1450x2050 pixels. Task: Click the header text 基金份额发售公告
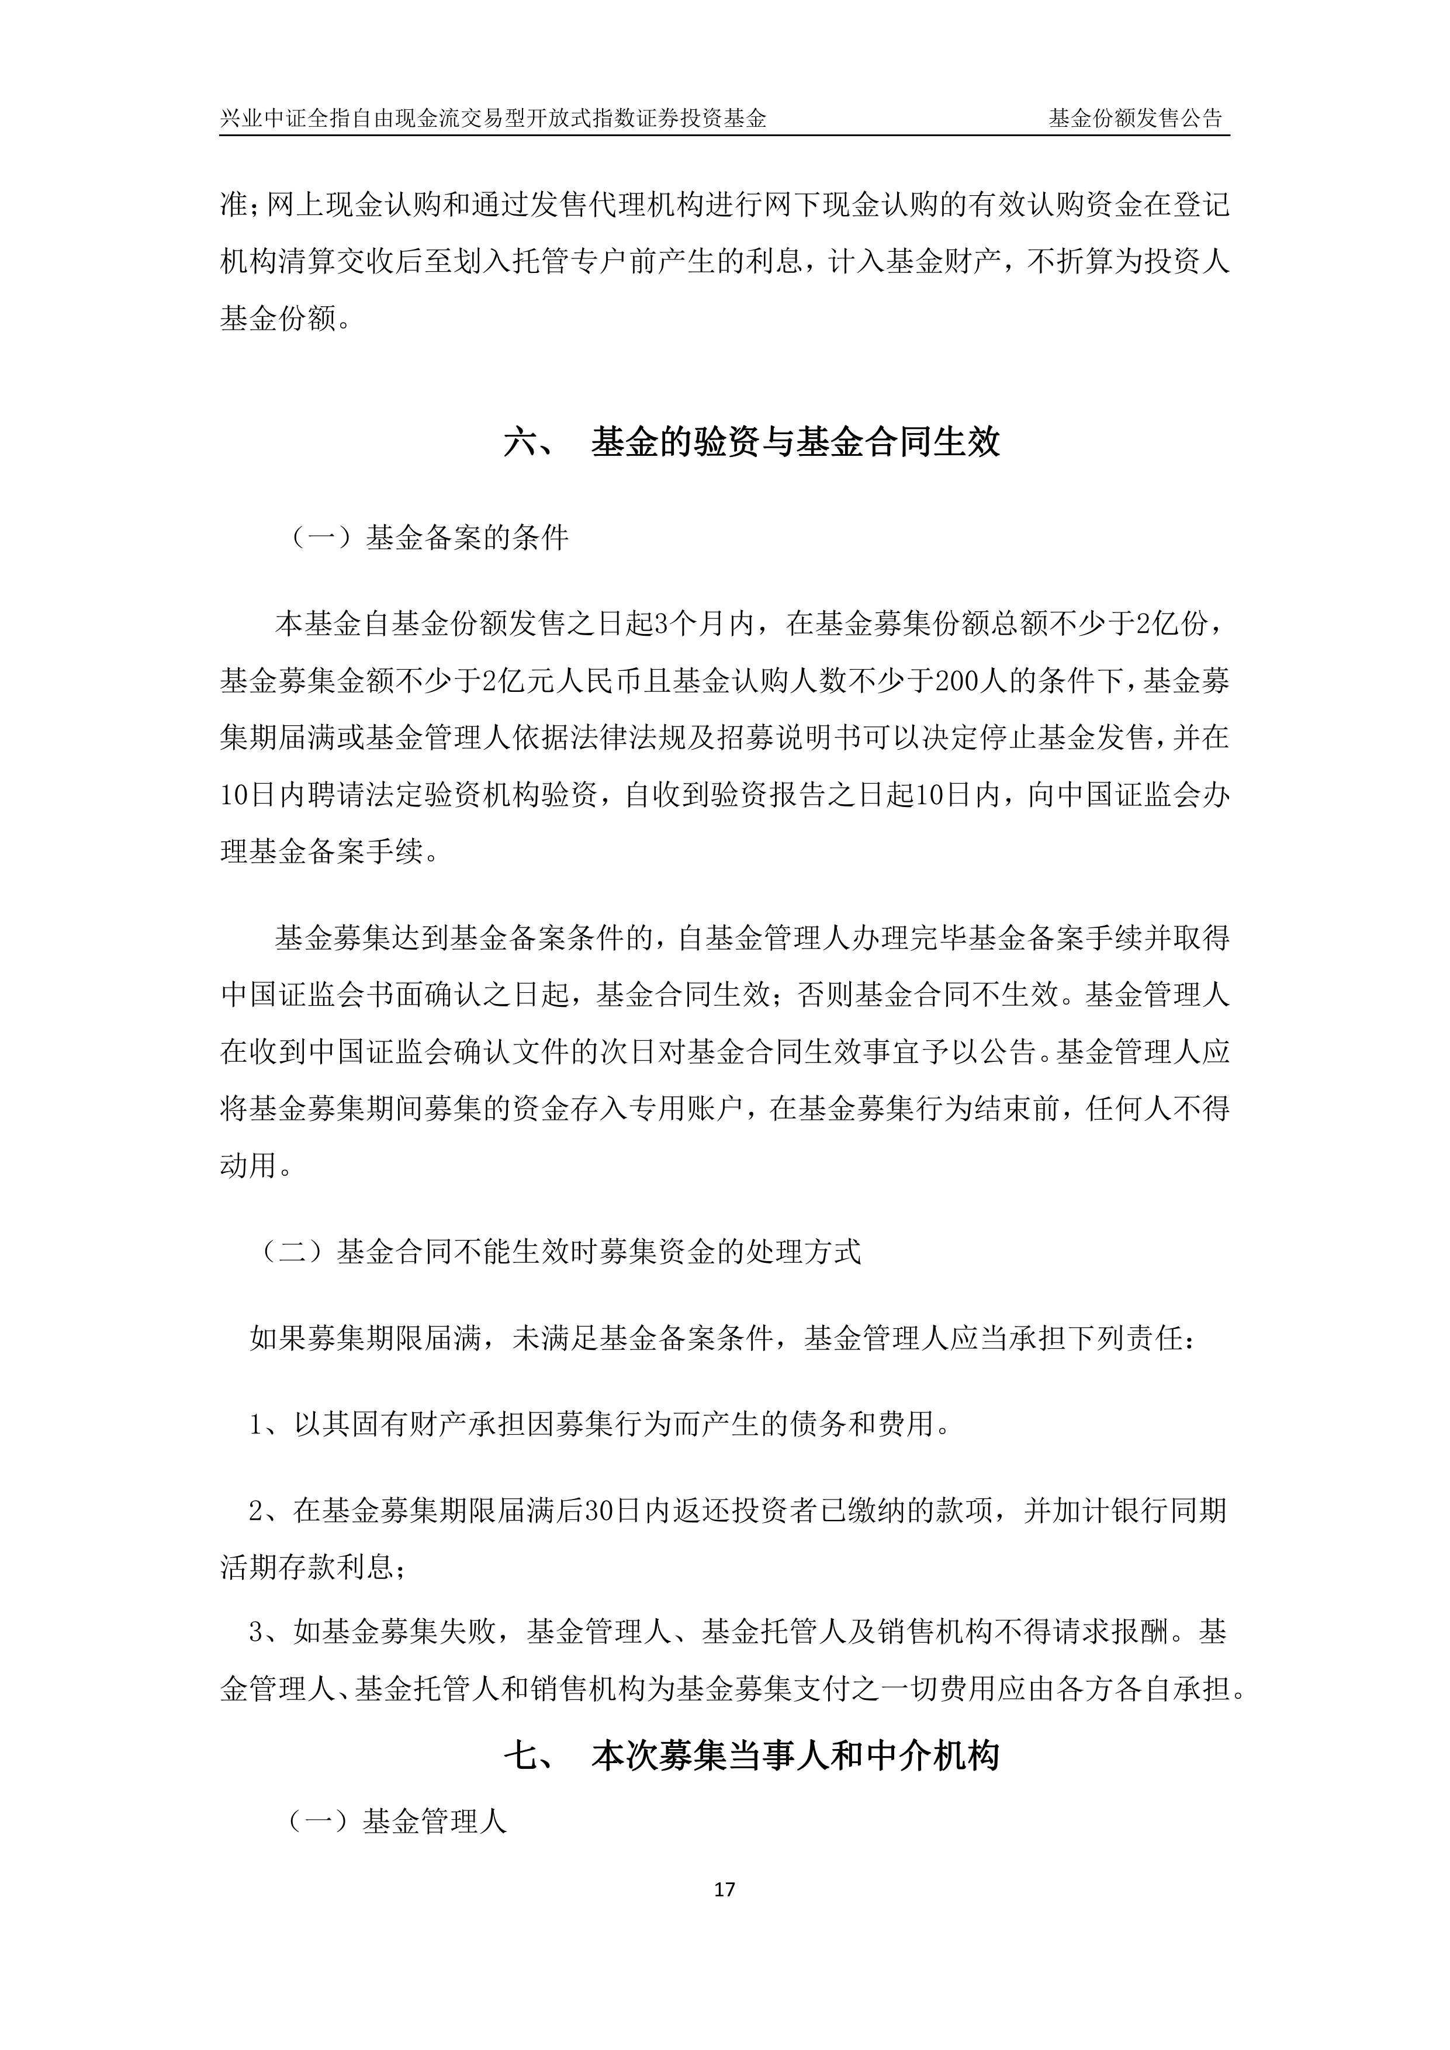pyautogui.click(x=1135, y=118)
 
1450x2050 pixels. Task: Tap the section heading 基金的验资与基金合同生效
pyautogui.click(x=795, y=442)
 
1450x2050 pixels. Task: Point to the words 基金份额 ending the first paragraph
pyautogui.click(x=277, y=318)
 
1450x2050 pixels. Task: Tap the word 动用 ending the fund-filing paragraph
pyautogui.click(x=248, y=1165)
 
